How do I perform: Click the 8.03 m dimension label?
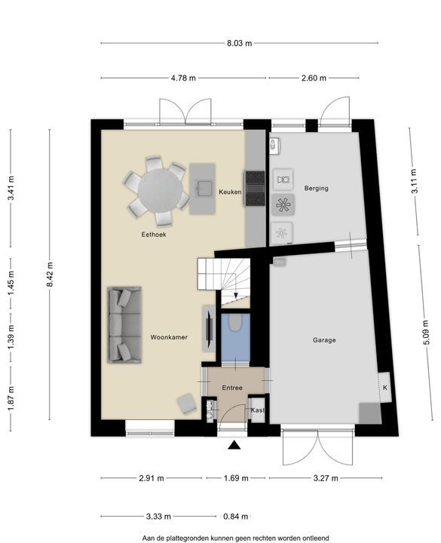click(240, 43)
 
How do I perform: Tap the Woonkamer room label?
click(169, 337)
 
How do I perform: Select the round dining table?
click(160, 190)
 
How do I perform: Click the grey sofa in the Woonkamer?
click(124, 325)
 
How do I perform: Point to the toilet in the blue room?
click(236, 322)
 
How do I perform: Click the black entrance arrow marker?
click(234, 445)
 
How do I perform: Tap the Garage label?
click(324, 340)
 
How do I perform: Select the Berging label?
click(317, 189)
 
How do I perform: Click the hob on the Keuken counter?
click(255, 189)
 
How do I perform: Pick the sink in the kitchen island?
click(204, 188)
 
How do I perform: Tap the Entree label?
click(232, 388)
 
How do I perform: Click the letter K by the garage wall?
click(385, 388)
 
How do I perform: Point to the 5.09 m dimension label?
click(426, 333)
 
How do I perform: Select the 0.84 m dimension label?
click(236, 517)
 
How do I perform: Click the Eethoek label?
click(154, 235)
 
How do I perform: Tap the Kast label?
click(258, 410)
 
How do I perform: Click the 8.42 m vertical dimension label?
click(51, 275)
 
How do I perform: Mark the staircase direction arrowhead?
click(236, 296)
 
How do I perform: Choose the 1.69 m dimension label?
click(236, 478)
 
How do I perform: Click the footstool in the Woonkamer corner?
click(187, 403)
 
